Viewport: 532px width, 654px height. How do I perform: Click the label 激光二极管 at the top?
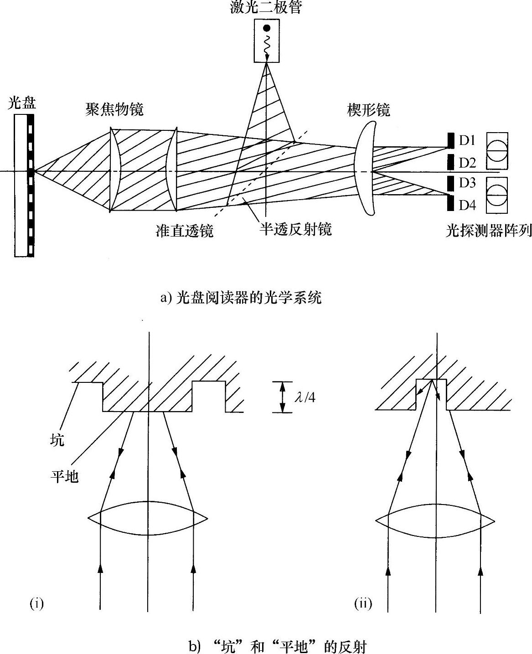click(x=266, y=8)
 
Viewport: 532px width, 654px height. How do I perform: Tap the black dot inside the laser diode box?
click(x=266, y=28)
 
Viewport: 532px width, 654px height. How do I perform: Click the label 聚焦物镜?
click(x=114, y=109)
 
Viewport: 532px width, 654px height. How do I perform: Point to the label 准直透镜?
click(x=185, y=231)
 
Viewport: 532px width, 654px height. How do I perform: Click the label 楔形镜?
click(x=368, y=110)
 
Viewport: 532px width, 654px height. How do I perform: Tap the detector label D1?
click(x=467, y=140)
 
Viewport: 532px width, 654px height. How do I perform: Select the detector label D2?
click(x=467, y=163)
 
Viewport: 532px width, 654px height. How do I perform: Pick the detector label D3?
click(x=467, y=183)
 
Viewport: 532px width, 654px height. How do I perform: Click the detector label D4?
click(x=467, y=205)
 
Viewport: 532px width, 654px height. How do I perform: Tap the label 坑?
click(x=57, y=441)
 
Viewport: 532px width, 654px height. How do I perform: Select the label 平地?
click(x=64, y=476)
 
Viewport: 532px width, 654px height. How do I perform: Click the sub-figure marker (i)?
click(x=36, y=604)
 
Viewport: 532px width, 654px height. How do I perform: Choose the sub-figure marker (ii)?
click(x=363, y=604)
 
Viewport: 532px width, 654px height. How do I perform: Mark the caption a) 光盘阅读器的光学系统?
click(x=241, y=298)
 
